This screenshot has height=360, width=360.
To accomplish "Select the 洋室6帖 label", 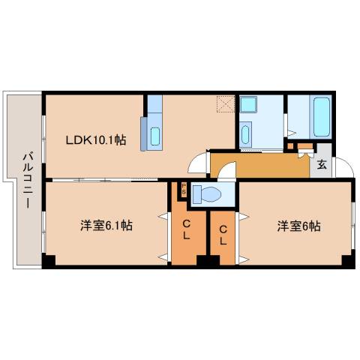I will [x=298, y=224].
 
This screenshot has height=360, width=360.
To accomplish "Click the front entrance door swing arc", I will [x=341, y=166].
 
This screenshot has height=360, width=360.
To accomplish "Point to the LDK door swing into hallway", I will [x=198, y=161].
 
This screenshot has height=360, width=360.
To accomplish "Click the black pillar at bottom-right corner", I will [x=346, y=262].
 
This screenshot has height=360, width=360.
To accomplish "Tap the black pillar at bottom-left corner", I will [x=48, y=262].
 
